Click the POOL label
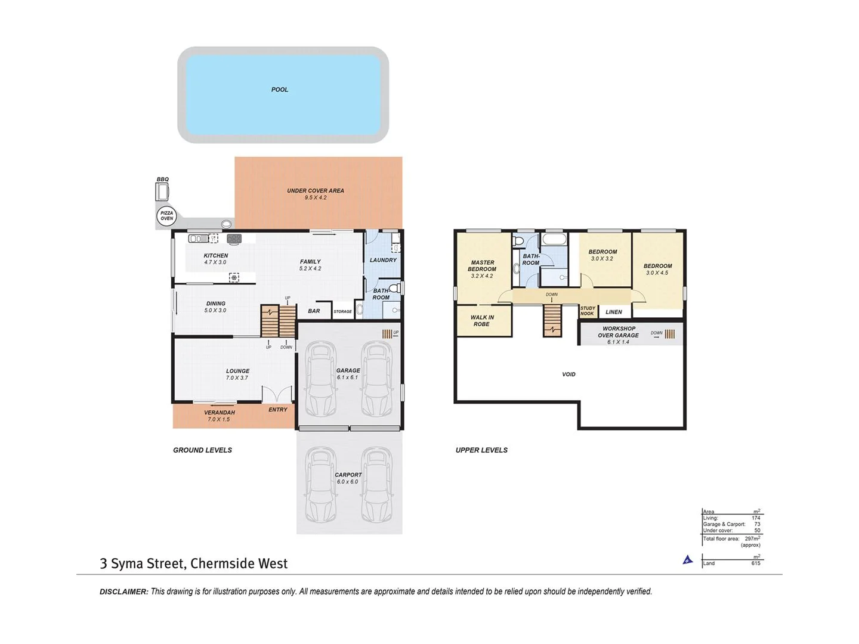tap(279, 89)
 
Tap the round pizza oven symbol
tap(166, 216)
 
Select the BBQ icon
tap(162, 192)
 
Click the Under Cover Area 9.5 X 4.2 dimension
tap(315, 198)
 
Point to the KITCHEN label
tap(215, 255)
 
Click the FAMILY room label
tap(310, 261)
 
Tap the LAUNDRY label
tap(383, 260)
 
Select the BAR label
tap(314, 311)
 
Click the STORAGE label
tap(342, 312)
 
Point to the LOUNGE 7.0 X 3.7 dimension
tap(237, 378)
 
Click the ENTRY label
tap(277, 410)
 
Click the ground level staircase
tap(278, 321)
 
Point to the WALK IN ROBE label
tap(482, 321)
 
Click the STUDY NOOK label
tap(588, 311)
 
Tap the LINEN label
tap(613, 312)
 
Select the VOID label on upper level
tap(568, 374)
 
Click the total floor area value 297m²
tap(752, 538)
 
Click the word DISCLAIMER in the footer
tap(123, 592)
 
